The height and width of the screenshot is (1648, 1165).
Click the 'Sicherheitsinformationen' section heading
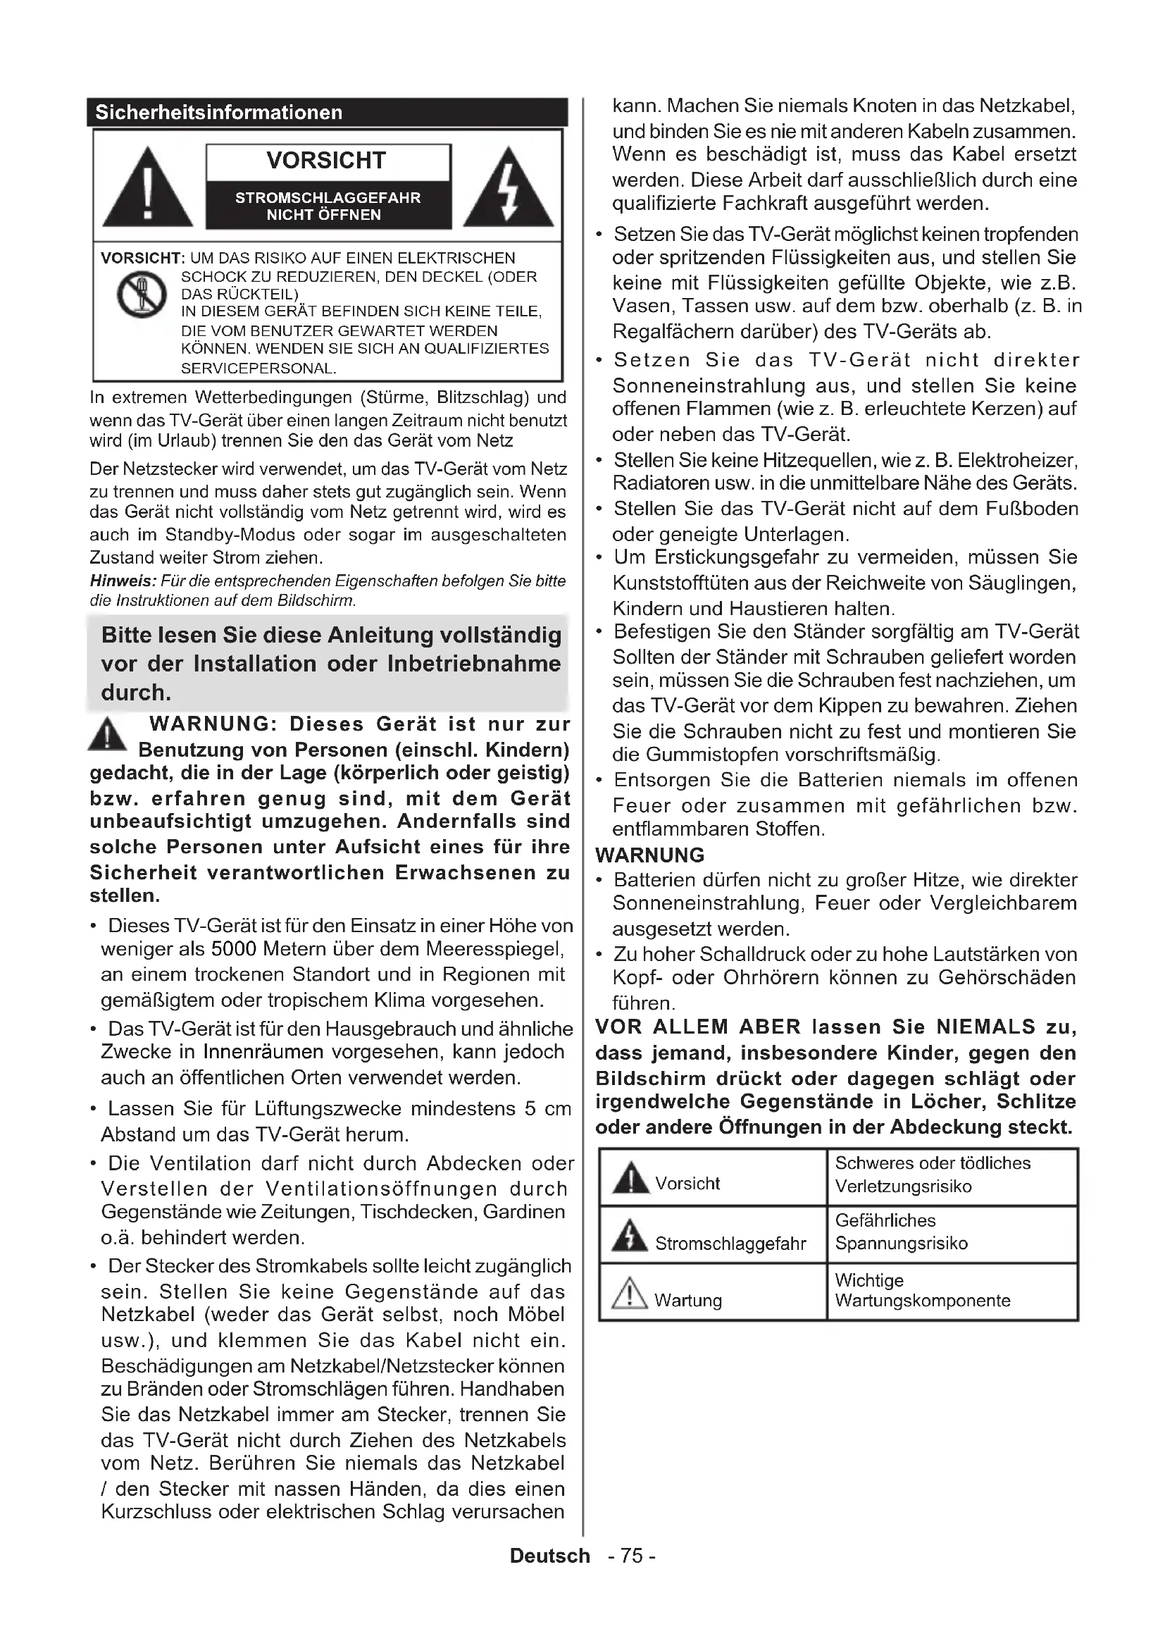(x=219, y=113)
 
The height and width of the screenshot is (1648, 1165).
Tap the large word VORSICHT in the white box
(x=326, y=160)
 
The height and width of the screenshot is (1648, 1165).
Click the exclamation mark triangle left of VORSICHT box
(x=147, y=188)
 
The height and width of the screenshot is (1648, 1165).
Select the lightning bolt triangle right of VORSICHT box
(x=509, y=188)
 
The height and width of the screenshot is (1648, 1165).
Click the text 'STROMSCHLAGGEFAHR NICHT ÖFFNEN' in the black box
(x=328, y=206)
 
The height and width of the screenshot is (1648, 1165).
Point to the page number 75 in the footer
(x=631, y=1556)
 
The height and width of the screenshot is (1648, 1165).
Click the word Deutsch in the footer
(x=549, y=1556)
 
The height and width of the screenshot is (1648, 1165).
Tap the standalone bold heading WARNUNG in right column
(x=650, y=855)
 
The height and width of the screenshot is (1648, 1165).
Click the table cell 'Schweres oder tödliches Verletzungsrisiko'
(x=951, y=1175)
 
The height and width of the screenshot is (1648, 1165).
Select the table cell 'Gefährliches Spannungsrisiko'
(x=951, y=1232)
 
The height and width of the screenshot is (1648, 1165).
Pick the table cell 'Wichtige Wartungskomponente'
(x=951, y=1290)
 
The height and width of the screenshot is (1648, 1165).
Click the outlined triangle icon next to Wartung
(x=629, y=1294)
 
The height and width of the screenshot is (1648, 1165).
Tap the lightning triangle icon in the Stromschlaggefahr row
(x=630, y=1235)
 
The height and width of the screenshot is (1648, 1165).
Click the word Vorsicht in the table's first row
(x=687, y=1183)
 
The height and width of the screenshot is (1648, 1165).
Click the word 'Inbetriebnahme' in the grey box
(x=474, y=663)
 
